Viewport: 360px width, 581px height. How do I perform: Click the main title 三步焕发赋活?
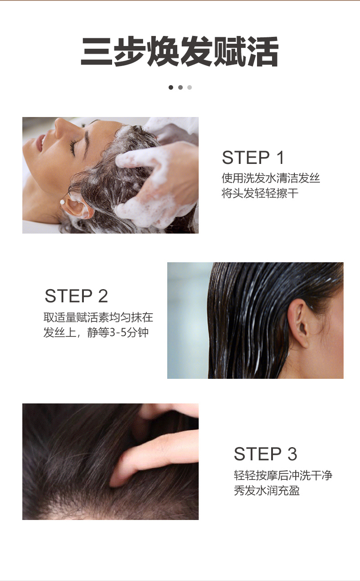click(180, 51)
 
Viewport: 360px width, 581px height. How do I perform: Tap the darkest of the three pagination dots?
click(171, 87)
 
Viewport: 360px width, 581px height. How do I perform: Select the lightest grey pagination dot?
click(190, 87)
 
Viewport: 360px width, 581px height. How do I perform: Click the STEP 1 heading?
click(253, 158)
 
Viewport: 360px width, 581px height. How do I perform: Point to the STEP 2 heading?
click(76, 296)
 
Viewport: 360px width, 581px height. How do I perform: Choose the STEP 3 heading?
click(265, 454)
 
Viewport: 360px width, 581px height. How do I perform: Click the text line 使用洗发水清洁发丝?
click(271, 178)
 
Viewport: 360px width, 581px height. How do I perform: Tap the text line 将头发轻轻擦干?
click(260, 193)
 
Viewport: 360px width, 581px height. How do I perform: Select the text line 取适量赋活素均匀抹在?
click(98, 317)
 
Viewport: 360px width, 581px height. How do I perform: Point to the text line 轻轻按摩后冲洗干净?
click(283, 475)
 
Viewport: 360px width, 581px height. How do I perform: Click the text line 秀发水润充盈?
click(267, 490)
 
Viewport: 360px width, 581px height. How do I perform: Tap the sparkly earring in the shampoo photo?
click(62, 202)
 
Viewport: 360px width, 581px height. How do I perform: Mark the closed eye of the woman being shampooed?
click(73, 148)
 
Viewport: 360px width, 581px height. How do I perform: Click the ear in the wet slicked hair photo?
click(298, 323)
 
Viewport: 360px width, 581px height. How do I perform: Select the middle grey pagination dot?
click(180, 87)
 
